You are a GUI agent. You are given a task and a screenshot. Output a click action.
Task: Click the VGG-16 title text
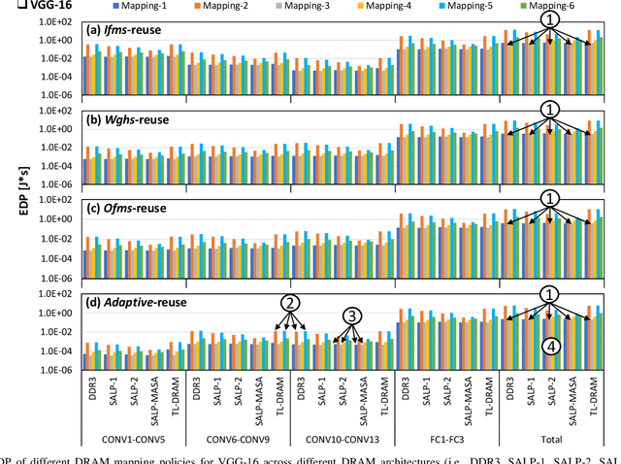click(32, 5)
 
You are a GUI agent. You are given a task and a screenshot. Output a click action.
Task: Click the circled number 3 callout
click(354, 315)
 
